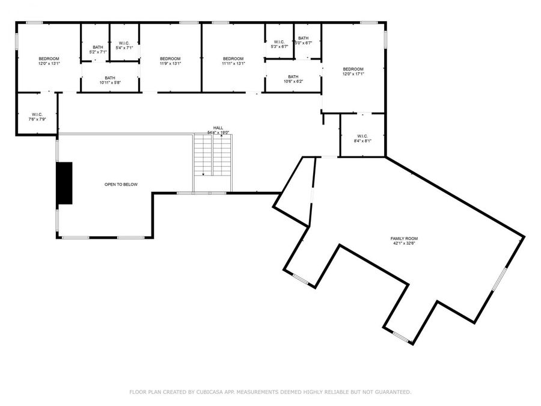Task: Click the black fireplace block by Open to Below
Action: coord(64,183)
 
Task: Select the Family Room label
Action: coord(404,239)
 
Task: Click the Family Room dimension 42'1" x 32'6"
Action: coord(404,244)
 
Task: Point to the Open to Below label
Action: coord(121,184)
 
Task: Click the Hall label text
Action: coord(218,128)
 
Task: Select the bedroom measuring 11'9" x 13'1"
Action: coord(170,60)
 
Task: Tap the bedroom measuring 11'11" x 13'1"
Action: coord(233,60)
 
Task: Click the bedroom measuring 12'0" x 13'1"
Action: coord(49,60)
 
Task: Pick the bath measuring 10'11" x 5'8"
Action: coord(110,79)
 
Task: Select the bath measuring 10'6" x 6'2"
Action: coord(293,79)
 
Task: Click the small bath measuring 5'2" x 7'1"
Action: coord(97,49)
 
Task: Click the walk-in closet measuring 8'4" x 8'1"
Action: coord(362,138)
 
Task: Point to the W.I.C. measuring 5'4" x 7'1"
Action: coord(124,45)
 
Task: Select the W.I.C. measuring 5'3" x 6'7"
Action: coord(279,44)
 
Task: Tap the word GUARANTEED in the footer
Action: coord(390,392)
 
